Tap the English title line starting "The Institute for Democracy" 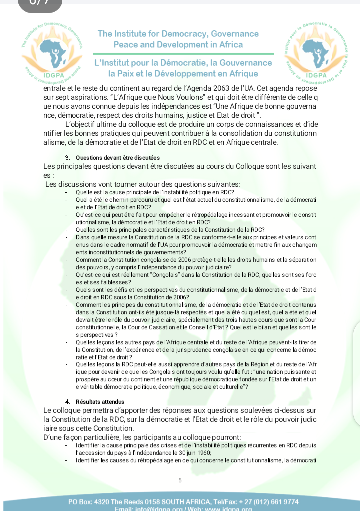[178, 34]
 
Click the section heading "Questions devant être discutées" [118, 157]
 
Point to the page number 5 [180, 480]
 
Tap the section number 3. [67, 157]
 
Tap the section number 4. [67, 401]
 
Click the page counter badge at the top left [40, 4]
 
